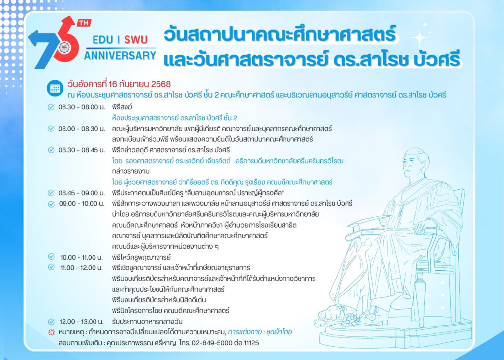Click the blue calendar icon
pyautogui.click(x=55, y=88)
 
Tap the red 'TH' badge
pyautogui.click(x=84, y=23)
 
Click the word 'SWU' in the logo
pyautogui.click(x=136, y=40)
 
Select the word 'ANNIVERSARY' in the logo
pyautogui.click(x=120, y=55)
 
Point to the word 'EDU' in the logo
pyautogui.click(x=103, y=40)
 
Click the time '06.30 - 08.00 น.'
pyautogui.click(x=82, y=107)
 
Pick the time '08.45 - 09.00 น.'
pyautogui.click(x=82, y=193)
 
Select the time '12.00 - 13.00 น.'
pyautogui.click(x=81, y=322)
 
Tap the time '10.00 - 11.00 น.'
pyautogui.click(x=81, y=258)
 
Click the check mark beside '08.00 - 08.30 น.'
pyautogui.click(x=51, y=129)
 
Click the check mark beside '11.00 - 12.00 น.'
pyautogui.click(x=51, y=267)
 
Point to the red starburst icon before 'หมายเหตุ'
pyautogui.click(x=51, y=332)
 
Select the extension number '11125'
pyautogui.click(x=252, y=343)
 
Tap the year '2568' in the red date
pyautogui.click(x=161, y=84)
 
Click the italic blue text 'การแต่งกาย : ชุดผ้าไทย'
pyautogui.click(x=260, y=332)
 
